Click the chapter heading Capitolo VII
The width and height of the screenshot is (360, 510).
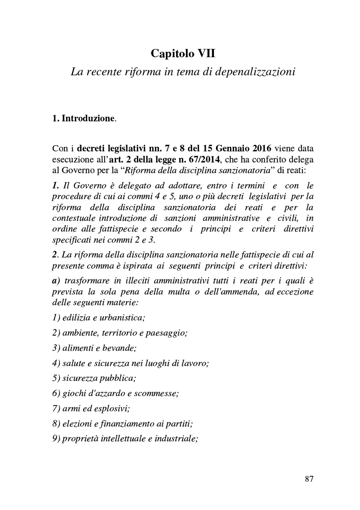click(183, 53)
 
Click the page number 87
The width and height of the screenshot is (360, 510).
click(309, 479)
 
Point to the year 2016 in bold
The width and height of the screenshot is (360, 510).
click(259, 148)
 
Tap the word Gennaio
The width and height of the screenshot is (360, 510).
click(229, 148)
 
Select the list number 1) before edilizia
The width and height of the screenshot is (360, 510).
click(57, 318)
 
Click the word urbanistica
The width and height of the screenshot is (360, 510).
click(125, 318)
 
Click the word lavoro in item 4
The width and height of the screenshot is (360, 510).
click(196, 363)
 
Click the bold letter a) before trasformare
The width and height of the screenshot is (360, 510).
click(56, 281)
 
